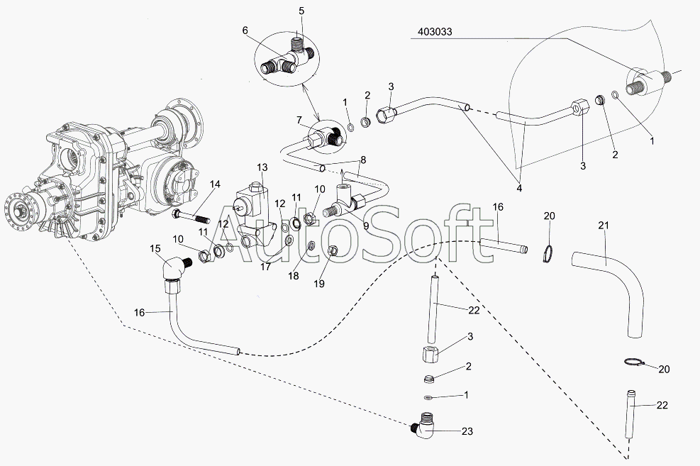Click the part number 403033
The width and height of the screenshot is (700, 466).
click(435, 32)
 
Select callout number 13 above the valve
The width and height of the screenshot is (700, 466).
click(262, 167)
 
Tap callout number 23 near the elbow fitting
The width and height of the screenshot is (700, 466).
click(467, 431)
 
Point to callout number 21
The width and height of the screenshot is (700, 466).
click(604, 226)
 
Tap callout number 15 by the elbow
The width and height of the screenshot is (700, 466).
click(155, 249)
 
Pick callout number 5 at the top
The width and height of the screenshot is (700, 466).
click(301, 11)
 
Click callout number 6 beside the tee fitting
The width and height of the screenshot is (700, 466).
click(245, 30)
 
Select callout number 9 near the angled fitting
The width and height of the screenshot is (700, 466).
click(366, 226)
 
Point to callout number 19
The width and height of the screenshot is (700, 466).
click(318, 284)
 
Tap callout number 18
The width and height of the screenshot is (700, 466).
click(294, 276)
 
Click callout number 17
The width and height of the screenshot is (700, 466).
click(266, 267)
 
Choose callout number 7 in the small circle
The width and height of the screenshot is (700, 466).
click(299, 120)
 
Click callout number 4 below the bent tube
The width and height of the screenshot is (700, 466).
click(519, 189)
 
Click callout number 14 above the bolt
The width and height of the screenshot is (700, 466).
click(215, 184)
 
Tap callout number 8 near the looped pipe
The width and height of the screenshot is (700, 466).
click(363, 160)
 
